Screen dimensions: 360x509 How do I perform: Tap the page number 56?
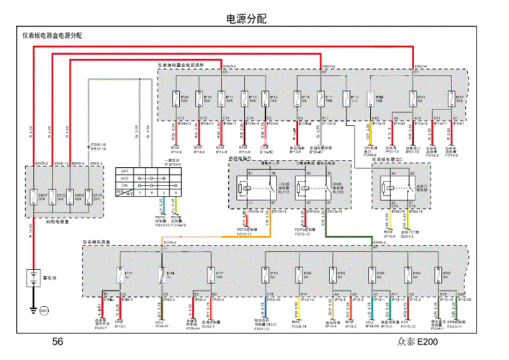(x=58, y=342)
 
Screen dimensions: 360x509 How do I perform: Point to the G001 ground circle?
(x=42, y=309)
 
